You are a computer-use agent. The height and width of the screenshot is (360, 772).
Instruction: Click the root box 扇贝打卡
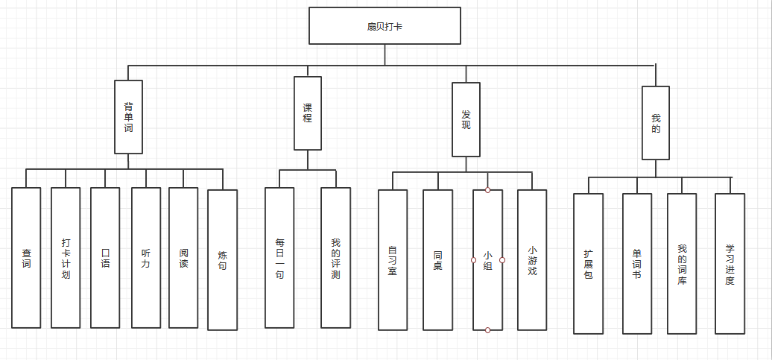click(385, 25)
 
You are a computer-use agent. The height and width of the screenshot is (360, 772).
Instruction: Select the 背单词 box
click(128, 116)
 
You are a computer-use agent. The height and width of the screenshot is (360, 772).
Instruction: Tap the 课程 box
click(308, 113)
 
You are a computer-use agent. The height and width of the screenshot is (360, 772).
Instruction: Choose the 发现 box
click(466, 119)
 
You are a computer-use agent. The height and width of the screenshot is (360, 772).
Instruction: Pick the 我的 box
click(656, 123)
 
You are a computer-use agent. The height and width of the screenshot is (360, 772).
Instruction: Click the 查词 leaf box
click(26, 258)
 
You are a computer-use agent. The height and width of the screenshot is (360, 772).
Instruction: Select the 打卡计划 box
click(66, 258)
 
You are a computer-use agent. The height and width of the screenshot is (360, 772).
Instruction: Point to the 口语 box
click(105, 258)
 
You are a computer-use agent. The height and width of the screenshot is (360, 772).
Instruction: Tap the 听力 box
click(146, 258)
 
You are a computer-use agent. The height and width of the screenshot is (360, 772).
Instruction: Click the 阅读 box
click(183, 258)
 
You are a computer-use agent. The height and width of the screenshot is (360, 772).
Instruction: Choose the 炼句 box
click(223, 260)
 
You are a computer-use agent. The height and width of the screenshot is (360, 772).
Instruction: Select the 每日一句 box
click(279, 258)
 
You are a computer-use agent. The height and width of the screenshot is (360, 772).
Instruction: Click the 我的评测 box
click(335, 258)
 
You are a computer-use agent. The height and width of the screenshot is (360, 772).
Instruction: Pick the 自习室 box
click(393, 260)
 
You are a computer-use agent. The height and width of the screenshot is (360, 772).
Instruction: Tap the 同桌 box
click(437, 260)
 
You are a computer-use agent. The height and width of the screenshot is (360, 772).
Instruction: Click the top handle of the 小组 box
click(487, 190)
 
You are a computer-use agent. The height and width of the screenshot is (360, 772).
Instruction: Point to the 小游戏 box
click(532, 260)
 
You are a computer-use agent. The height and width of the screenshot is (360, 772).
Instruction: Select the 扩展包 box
click(589, 264)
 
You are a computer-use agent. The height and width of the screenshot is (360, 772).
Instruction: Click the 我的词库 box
click(682, 264)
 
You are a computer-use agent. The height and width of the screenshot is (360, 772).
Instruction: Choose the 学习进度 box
click(730, 264)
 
